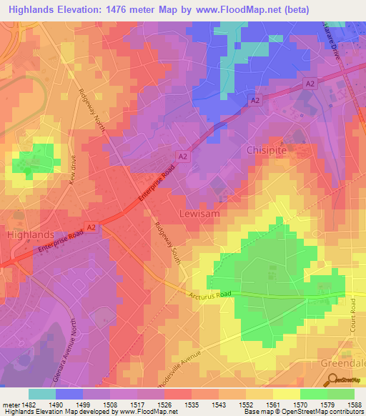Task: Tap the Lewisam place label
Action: point(199,214)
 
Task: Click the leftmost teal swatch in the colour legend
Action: point(42,394)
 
